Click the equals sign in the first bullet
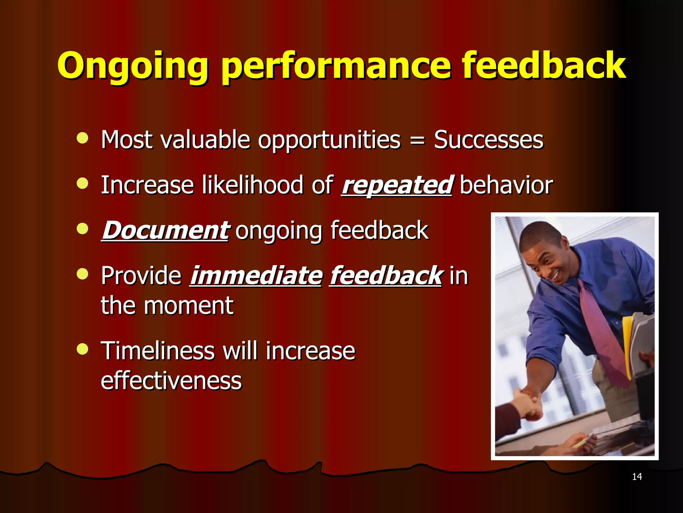point(417,141)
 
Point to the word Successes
point(489,140)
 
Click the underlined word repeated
point(397,185)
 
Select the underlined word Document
point(165,230)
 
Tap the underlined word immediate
point(256,276)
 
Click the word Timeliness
point(158,351)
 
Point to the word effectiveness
point(171,381)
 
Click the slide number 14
point(637,477)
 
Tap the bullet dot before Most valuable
point(82,138)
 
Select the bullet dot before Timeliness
point(82,349)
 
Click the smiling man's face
point(547,257)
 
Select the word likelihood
point(252,185)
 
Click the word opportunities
point(329,141)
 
